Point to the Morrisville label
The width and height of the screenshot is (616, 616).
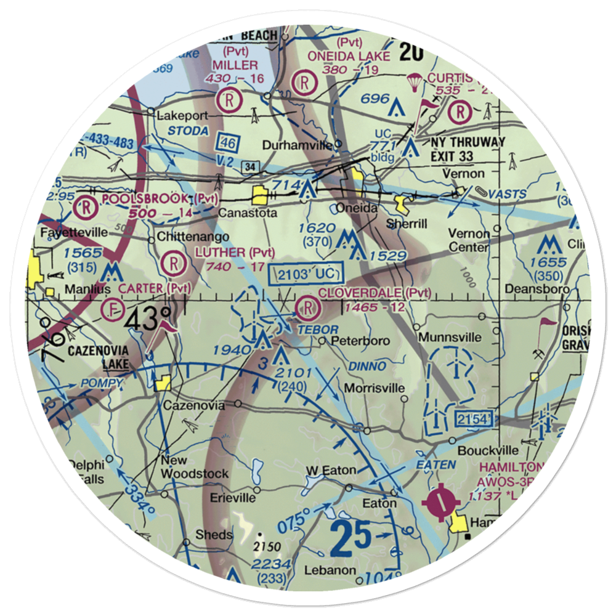coord(375,388)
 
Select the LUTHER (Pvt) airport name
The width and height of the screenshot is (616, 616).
coord(234,252)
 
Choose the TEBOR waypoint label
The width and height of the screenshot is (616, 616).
coord(318,330)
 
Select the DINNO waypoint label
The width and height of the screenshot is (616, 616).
coord(368,366)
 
